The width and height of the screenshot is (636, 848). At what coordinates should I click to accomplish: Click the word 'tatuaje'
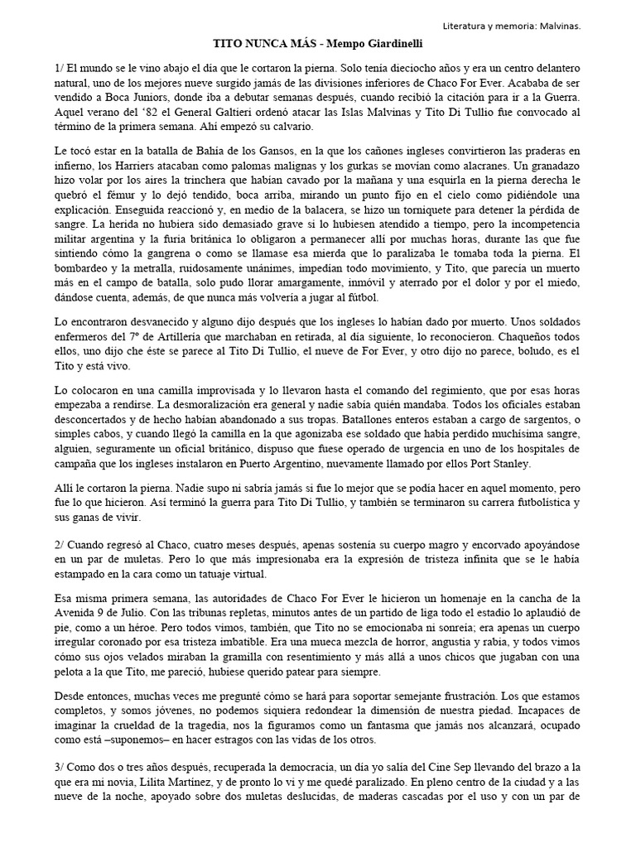[196, 573]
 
